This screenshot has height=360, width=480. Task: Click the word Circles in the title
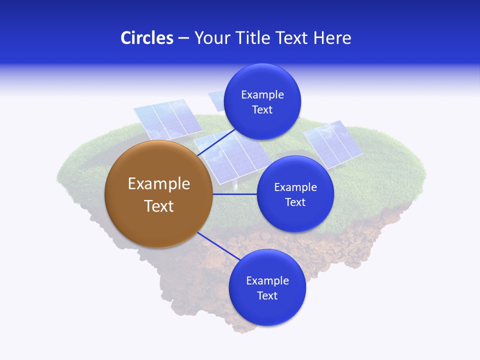click(146, 38)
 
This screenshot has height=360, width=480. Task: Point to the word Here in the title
click(332, 38)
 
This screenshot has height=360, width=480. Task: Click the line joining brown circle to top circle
click(217, 142)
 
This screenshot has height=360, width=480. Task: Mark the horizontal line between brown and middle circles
click(234, 194)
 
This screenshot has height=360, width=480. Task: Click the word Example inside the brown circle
click(158, 184)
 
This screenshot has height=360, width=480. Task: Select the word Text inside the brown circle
click(158, 206)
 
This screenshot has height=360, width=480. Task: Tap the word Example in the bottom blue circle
click(267, 281)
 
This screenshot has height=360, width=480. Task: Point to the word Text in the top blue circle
click(262, 110)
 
